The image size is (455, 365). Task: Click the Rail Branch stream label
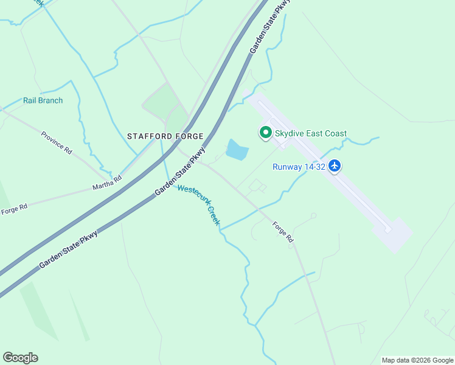pos(43,100)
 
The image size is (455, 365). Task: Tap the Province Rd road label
pos(57,142)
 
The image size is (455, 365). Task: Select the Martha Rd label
pos(106,181)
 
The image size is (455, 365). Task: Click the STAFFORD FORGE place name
pos(164,136)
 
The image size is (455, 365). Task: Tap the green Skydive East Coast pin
pos(265,132)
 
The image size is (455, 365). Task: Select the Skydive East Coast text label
pos(310,134)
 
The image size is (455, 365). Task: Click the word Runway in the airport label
pos(287,167)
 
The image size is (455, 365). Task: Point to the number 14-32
pos(314,167)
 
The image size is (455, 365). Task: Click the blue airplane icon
pos(335,165)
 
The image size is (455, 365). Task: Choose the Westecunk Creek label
pos(199,206)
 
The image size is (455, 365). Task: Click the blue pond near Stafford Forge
pos(237,150)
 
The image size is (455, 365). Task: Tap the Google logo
pos(20,358)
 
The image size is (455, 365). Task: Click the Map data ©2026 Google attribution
pos(418,360)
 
